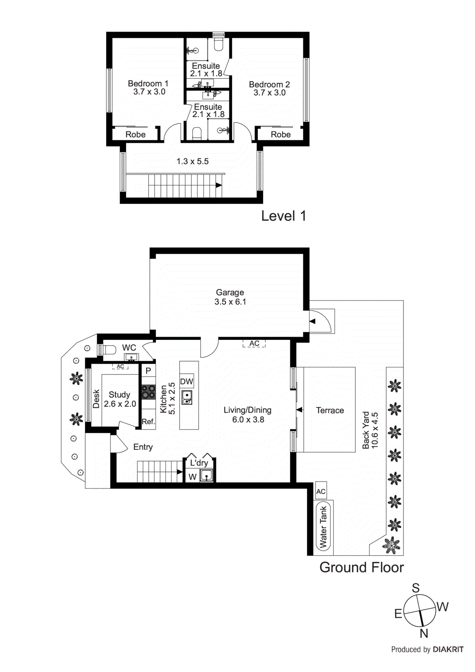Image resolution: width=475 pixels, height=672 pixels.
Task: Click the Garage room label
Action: point(230,292)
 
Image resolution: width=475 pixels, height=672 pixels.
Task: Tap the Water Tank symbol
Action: point(323,527)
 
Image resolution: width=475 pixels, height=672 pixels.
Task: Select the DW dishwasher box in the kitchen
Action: point(186,381)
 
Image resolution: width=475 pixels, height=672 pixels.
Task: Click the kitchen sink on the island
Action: point(187,397)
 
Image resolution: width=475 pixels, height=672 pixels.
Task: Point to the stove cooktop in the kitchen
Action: point(148,392)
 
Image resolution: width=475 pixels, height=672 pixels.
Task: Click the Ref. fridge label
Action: point(148,422)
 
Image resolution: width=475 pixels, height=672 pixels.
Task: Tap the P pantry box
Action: point(148,371)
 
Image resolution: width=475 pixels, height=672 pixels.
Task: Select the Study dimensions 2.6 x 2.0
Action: point(120,404)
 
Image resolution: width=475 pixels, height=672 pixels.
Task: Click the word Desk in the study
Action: point(96,399)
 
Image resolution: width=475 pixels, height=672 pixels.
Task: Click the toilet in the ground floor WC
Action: point(109,349)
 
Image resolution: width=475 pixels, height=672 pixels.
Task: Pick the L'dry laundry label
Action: point(199,463)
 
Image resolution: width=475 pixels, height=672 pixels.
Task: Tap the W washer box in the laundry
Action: point(192,477)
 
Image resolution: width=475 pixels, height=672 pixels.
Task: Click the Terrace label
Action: point(330,410)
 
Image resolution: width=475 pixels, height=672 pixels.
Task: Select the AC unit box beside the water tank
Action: point(321,491)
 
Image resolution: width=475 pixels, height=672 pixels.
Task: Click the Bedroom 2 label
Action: point(269,84)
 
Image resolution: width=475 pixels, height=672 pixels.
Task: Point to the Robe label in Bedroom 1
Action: point(135,134)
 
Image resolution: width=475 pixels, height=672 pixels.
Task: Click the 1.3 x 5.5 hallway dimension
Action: point(192,161)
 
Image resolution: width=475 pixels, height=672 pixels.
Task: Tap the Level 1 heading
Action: point(283,216)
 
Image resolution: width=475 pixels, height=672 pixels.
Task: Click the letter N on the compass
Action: point(424,633)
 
